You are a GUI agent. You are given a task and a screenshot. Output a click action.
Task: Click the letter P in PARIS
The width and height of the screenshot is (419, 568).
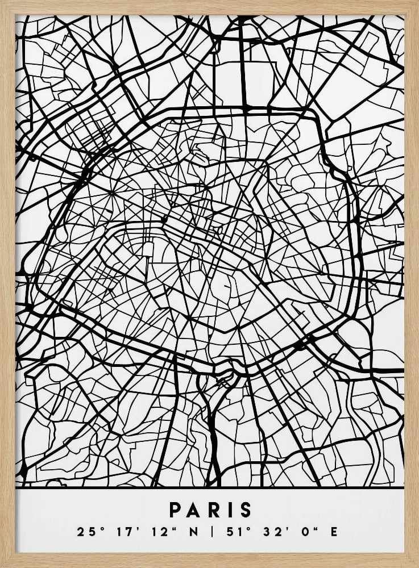coord(173,509)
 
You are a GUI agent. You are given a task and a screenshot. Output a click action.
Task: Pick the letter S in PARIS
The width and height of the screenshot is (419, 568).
coord(245,509)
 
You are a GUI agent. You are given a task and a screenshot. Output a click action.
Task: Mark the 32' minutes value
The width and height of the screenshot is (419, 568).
coord(268,532)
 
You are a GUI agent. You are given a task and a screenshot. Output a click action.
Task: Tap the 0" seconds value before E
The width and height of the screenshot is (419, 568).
coord(302,532)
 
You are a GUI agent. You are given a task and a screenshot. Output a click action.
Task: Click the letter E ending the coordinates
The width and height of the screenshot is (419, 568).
coord(333,532)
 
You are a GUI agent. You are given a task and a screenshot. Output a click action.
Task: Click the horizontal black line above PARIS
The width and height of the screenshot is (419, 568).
coord(209,488)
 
